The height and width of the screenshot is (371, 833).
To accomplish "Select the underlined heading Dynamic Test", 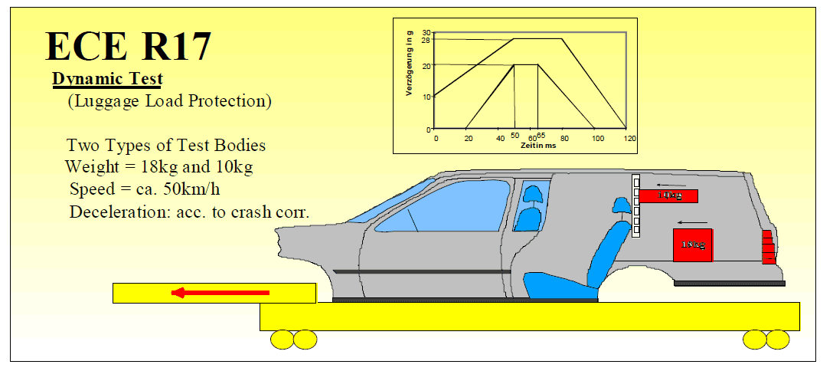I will pos(107,78).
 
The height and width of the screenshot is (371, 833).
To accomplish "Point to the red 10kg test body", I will pos(668,195).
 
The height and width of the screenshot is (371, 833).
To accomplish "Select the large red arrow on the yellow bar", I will pos(220,292).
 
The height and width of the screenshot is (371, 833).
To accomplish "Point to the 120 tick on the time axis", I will pos(630,137).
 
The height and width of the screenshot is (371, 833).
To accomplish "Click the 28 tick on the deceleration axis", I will pos(426,39).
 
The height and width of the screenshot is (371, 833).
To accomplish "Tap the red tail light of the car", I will pos(769,247).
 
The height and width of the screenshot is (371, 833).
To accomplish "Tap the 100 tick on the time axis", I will pos(597,137).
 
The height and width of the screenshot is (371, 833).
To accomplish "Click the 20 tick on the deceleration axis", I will pos(426,65).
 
